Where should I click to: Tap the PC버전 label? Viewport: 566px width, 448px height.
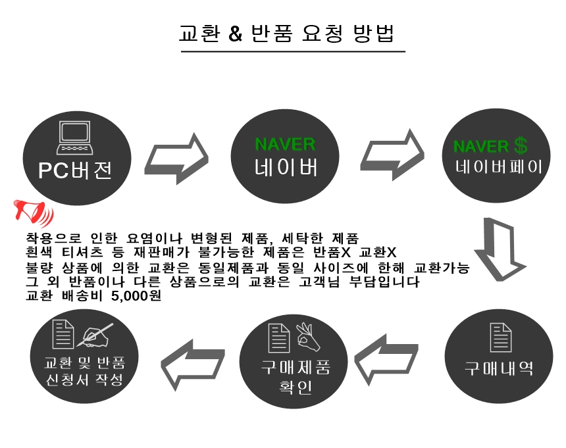(x=75, y=170)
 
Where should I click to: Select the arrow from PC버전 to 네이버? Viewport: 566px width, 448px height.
(x=176, y=159)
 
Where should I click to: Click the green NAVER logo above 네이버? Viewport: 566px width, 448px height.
(x=285, y=145)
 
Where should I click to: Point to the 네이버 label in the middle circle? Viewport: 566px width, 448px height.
(x=286, y=168)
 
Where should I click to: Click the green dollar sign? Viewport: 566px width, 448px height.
(x=521, y=145)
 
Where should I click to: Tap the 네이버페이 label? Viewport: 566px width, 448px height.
(x=499, y=166)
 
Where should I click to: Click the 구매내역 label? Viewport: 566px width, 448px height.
(x=499, y=368)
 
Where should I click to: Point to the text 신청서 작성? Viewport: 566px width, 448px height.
(x=84, y=380)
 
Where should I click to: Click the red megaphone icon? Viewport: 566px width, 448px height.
(x=32, y=212)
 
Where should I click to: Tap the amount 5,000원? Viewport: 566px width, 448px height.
(x=138, y=296)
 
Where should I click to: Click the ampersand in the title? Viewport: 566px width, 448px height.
(x=236, y=34)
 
